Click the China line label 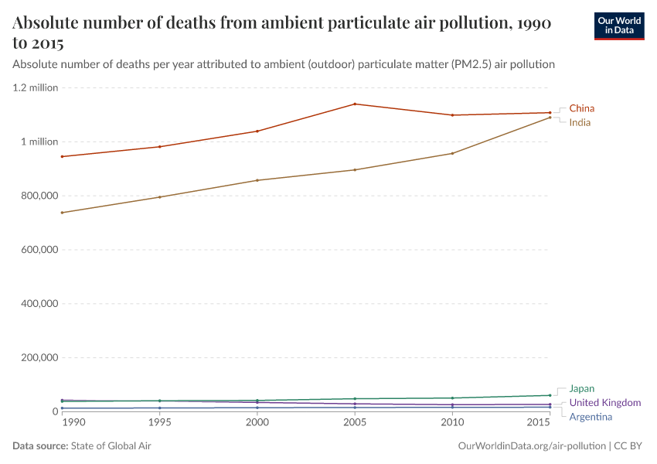tap(581, 108)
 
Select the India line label tap(580, 123)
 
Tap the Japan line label tap(582, 389)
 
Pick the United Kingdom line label tap(604, 403)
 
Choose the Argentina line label tap(591, 418)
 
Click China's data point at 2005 tap(355, 104)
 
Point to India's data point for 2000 tap(257, 180)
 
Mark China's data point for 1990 tap(62, 156)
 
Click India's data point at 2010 tap(452, 153)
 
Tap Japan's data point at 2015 tap(550, 395)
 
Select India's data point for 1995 tap(159, 197)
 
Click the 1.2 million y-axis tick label tap(36, 87)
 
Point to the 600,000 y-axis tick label tap(38, 250)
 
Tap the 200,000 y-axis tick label tap(38, 358)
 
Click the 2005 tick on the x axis tap(355, 422)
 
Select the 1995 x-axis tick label tap(159, 422)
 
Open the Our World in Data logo tap(619, 26)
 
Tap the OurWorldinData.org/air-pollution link tap(532, 446)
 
